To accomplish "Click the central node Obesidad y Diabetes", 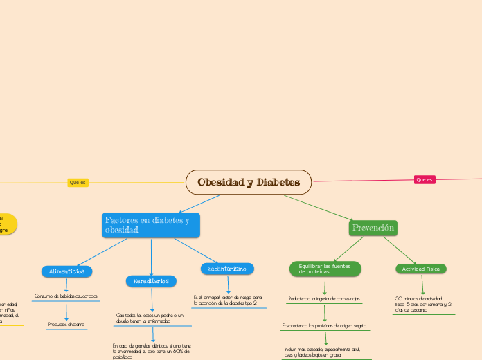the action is click(x=249, y=182).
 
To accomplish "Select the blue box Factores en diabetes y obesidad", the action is click(x=150, y=225).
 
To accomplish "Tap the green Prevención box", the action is click(x=373, y=228).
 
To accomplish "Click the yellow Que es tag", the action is click(x=78, y=183).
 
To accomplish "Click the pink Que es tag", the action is click(x=425, y=180).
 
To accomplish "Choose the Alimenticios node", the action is click(x=67, y=271).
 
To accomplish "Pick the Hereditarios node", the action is click(x=151, y=281).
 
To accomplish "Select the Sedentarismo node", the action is click(x=228, y=268).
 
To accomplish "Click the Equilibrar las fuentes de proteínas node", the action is click(x=325, y=269).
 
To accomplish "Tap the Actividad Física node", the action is click(x=421, y=269).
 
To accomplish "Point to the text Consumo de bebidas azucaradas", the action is click(x=66, y=296).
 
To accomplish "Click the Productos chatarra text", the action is click(x=66, y=324).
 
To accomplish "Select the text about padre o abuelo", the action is click(x=150, y=318).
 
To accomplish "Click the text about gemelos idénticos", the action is click(x=152, y=350).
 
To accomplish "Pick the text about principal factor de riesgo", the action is click(x=228, y=300).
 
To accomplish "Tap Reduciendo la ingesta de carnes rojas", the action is click(x=324, y=299).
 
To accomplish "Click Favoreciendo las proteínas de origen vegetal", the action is click(x=325, y=325).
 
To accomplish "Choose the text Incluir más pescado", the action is click(x=326, y=352).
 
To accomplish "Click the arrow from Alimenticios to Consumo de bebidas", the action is click(x=66, y=285).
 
